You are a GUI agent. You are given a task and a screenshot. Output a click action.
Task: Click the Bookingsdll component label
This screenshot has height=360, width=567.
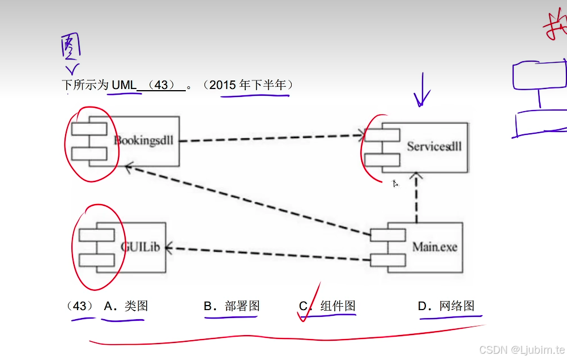[143, 141]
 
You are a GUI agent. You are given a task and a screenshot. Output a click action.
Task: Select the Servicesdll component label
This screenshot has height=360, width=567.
[434, 146]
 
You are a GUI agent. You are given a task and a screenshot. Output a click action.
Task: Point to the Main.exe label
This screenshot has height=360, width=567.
[434, 247]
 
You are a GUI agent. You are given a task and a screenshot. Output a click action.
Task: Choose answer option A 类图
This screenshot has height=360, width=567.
[126, 306]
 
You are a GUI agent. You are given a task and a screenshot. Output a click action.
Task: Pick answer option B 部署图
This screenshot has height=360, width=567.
[232, 306]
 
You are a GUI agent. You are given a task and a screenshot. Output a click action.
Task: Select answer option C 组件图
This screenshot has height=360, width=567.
[328, 306]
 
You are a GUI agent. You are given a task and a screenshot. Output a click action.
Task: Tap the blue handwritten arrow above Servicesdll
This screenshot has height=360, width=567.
[422, 91]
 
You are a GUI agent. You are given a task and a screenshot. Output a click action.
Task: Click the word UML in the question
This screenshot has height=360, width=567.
[124, 85]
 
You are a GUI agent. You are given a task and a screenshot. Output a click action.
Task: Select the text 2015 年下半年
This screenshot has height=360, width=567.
[250, 85]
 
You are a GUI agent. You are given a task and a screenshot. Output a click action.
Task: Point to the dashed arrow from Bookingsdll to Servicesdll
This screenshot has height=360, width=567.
[272, 138]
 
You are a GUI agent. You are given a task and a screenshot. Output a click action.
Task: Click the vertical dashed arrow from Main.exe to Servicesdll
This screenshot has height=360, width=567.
[416, 198]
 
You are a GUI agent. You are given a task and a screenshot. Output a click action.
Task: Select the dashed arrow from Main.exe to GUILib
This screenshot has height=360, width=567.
[266, 253]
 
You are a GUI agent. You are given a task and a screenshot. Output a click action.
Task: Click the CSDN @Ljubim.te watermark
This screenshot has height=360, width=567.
[521, 349]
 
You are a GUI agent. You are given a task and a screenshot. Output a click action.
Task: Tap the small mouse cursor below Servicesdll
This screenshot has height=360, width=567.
[395, 183]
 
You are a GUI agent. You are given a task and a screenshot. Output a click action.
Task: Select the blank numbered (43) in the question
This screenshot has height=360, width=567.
[161, 85]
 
